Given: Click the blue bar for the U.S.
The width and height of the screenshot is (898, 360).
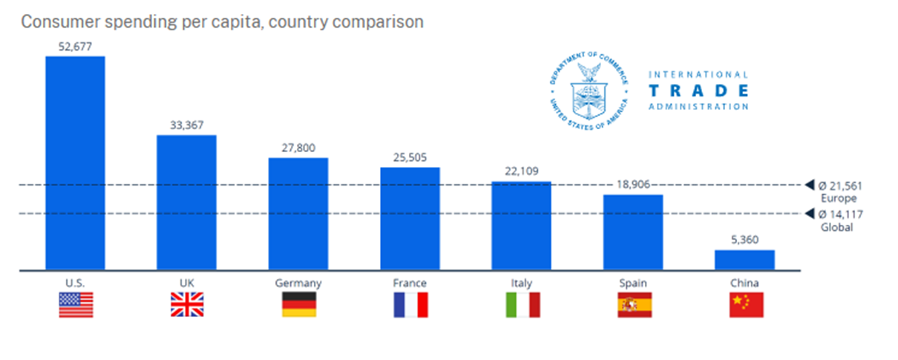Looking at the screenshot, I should coord(75,163).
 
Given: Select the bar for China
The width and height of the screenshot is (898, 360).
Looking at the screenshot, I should coord(744,260).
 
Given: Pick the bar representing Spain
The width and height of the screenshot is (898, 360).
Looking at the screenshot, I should coord(632,232).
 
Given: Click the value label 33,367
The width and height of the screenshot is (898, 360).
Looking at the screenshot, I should coord(186,125).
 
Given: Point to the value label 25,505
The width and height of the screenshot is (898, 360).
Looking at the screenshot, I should coord(410,157).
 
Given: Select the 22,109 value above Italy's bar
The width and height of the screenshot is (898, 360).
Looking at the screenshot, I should coord(521,171).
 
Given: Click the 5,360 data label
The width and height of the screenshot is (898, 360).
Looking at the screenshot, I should coord(744,240).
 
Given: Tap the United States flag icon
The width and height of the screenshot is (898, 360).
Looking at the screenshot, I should coord(76,305).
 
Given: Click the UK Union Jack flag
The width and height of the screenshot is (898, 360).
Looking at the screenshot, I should coord(187,305).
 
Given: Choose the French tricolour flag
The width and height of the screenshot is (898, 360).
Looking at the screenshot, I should coord(410,305).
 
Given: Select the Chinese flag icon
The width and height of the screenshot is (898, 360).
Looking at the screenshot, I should coord(746,305).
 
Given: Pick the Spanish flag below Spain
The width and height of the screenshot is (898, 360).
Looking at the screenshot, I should coord(635,305).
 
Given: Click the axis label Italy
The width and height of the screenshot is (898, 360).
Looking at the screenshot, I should coord(522,283).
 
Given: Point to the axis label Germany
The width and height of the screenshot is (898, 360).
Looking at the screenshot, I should coord(298,283).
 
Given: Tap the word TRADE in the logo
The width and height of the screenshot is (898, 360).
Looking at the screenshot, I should coord(698,91).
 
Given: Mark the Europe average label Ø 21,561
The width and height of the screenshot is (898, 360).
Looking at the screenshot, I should coord(840,186).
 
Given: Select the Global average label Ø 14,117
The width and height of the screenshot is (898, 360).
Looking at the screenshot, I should coord(840,215).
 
